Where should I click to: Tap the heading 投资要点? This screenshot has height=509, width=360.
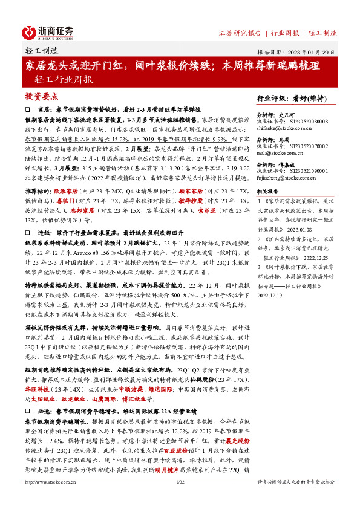42,96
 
